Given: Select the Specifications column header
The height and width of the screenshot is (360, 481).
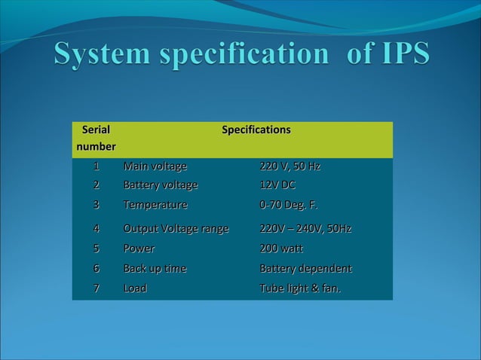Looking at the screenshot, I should [x=256, y=130].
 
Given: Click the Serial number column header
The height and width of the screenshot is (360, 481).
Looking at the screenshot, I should [x=95, y=138].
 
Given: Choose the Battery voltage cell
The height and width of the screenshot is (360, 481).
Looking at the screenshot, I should [x=161, y=185].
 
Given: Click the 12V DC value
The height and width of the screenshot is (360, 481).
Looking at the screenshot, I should [x=277, y=185].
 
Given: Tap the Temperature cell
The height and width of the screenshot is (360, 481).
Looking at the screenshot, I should [x=155, y=205].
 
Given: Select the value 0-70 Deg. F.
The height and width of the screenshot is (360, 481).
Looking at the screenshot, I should [x=289, y=205].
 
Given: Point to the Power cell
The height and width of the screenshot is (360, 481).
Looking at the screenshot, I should [x=139, y=249].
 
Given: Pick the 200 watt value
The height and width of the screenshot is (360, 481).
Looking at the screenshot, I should [x=281, y=249].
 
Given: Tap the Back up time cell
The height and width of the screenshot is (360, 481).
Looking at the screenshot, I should [x=155, y=269].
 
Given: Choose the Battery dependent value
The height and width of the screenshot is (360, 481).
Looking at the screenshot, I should [x=305, y=269].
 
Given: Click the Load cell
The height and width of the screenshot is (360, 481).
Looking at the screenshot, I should [x=135, y=288].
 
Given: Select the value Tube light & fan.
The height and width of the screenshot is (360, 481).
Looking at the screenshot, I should [x=300, y=288].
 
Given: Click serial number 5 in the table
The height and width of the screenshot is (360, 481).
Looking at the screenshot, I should [x=96, y=249].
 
